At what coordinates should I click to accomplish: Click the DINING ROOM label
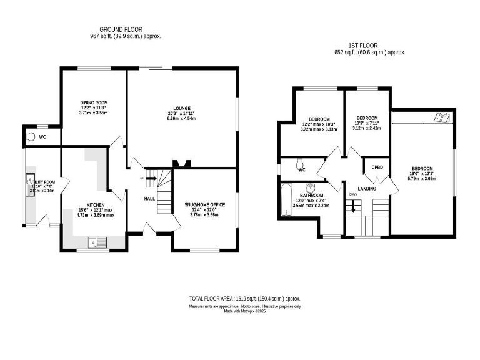[x=94, y=102]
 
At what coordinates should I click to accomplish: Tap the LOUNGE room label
[x=182, y=108]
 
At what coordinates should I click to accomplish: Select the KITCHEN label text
[x=96, y=204]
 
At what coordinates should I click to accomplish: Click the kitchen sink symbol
[x=97, y=241]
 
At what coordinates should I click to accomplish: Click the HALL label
[x=150, y=199]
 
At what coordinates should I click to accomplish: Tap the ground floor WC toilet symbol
[x=30, y=136]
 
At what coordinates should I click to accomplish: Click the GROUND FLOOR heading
[x=121, y=29]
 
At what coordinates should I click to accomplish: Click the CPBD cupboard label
[x=377, y=167]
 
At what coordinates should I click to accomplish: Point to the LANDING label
[x=366, y=188]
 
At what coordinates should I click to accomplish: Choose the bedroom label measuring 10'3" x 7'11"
[x=367, y=118]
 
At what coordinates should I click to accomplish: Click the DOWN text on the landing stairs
[x=352, y=194]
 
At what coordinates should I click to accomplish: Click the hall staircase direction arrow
[x=151, y=177]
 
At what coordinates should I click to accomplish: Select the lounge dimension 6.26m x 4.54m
[x=182, y=118]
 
